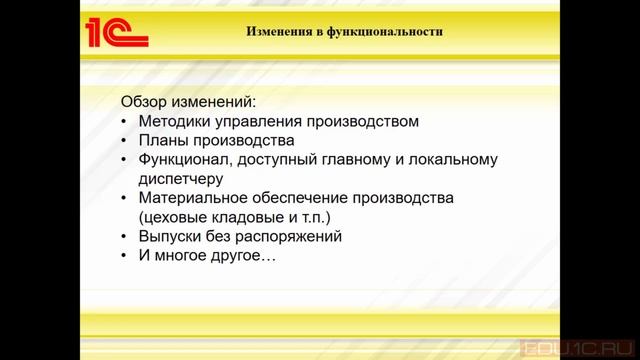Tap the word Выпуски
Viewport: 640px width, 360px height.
[x=171, y=236]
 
